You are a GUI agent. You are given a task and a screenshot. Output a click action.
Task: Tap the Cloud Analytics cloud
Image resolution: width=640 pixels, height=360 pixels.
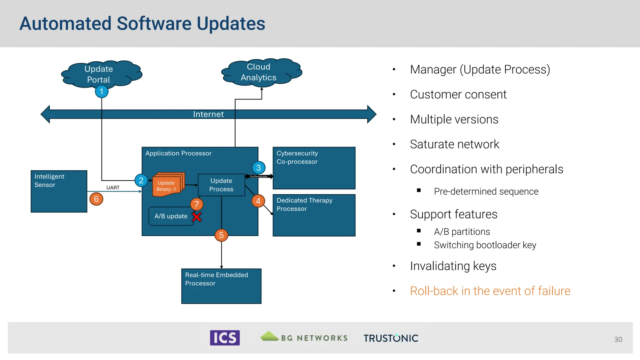259,72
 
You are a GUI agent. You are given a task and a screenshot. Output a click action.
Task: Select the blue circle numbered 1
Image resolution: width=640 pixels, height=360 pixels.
102,92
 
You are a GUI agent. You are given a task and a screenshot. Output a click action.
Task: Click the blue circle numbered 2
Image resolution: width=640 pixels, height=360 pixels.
141,180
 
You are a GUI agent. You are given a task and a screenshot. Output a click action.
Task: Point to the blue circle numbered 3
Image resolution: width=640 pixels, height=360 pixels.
258,168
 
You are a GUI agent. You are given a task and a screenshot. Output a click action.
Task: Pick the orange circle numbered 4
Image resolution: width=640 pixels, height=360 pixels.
258,201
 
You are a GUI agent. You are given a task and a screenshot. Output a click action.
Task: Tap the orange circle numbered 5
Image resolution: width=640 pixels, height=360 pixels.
221,235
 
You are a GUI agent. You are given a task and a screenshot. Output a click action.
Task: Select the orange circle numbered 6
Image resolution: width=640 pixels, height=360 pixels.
96,199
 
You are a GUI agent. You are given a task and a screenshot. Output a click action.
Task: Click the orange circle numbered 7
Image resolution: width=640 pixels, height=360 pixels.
197,204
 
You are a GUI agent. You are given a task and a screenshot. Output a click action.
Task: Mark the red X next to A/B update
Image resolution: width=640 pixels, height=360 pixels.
197,217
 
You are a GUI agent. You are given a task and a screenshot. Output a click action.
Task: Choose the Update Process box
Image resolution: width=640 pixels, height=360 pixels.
221,185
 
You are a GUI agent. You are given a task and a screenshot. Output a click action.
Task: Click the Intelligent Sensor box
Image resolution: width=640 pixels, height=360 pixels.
59,191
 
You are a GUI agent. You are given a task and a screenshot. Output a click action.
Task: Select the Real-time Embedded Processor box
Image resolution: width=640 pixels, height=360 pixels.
221,286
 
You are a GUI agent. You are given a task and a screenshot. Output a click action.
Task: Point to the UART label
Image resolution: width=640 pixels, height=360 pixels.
113,187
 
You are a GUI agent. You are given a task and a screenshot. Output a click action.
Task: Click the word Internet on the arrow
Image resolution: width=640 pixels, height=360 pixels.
208,114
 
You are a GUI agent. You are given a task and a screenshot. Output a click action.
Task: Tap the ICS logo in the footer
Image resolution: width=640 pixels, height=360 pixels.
225,338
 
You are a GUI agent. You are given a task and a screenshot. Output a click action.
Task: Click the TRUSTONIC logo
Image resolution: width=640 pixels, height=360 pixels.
391,338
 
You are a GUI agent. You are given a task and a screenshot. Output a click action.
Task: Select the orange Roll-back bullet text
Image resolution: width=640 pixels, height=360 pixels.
490,291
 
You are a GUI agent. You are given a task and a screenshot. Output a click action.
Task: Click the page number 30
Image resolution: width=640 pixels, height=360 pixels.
618,339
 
